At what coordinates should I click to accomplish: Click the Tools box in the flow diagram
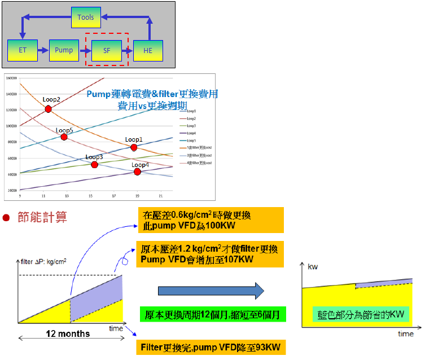click(86, 17)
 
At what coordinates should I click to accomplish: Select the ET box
click(23, 50)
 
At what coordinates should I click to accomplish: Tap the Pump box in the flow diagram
click(64, 50)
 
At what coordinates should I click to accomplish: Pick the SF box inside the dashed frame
click(107, 51)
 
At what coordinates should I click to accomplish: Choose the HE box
click(148, 51)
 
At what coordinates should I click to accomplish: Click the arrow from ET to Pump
click(43, 50)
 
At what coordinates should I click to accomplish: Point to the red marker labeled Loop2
click(49, 109)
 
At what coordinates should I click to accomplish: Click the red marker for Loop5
click(64, 137)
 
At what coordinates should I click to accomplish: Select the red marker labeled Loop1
click(134, 147)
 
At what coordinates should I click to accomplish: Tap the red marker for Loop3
click(94, 165)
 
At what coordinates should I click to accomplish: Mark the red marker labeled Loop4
click(137, 172)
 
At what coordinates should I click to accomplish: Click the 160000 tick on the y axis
click(12, 78)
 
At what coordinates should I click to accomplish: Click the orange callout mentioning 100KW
click(211, 220)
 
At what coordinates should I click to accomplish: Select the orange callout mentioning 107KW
click(209, 254)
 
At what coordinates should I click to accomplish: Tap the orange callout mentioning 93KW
click(210, 346)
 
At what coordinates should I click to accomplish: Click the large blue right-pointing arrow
click(211, 291)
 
